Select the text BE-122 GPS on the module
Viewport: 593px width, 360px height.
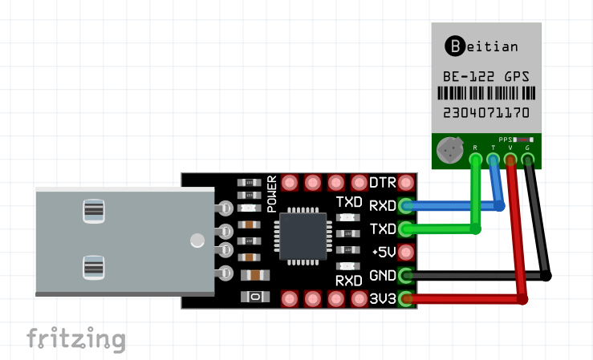[485, 77]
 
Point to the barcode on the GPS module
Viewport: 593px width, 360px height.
[485, 95]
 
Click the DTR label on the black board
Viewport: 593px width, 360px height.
[383, 183]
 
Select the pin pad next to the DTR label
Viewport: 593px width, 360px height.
[407, 183]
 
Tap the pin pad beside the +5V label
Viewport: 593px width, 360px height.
[407, 253]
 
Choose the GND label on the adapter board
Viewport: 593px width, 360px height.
[383, 276]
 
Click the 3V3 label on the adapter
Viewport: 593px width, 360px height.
[383, 299]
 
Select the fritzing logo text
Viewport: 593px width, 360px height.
[76, 338]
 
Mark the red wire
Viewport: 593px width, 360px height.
[522, 241]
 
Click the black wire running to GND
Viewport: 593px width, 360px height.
[481, 276]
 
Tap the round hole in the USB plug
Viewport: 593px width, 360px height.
[196, 240]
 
